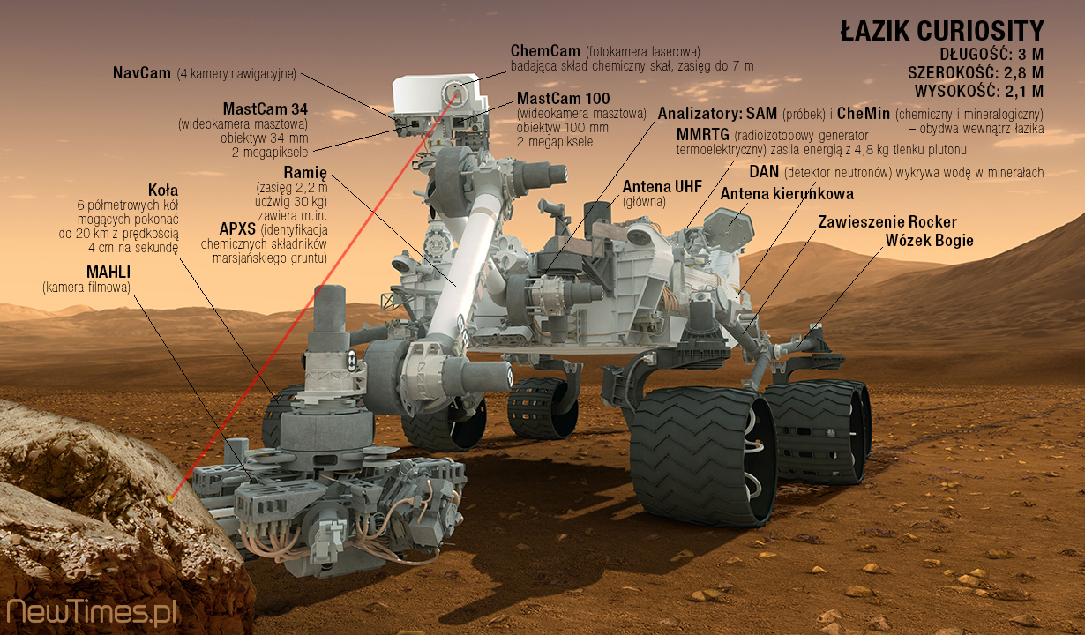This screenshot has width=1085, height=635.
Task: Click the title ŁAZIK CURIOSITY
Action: click(x=942, y=31)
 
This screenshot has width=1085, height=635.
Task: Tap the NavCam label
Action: click(x=141, y=72)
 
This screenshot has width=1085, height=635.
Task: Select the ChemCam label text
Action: click(x=545, y=50)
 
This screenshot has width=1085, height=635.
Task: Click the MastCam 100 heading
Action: click(x=563, y=98)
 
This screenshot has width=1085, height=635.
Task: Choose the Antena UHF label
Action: click(x=662, y=187)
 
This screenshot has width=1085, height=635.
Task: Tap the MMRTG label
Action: click(x=702, y=134)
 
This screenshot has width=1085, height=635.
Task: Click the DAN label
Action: click(x=764, y=171)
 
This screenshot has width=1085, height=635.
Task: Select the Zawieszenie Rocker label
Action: click(x=887, y=221)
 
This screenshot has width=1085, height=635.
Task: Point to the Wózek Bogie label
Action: click(x=930, y=240)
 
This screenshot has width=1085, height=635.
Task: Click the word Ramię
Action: click(x=305, y=172)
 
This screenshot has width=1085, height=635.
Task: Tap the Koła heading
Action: click(x=163, y=190)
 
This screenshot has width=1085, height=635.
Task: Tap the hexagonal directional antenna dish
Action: click(x=729, y=227)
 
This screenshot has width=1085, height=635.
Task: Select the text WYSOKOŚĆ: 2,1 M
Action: click(x=979, y=91)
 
